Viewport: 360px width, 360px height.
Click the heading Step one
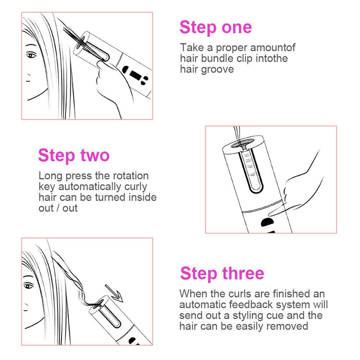click(x=216, y=28)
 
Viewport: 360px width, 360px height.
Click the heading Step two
click(x=74, y=156)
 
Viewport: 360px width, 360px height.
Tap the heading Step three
click(x=222, y=274)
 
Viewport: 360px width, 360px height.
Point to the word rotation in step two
click(x=131, y=176)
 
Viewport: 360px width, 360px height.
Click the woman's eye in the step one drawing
click(x=31, y=55)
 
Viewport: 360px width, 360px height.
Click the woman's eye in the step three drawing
click(x=29, y=285)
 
